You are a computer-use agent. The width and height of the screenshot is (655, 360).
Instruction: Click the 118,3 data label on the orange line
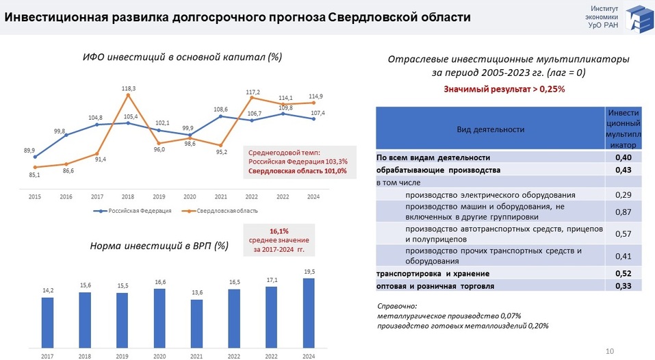[x=129, y=88]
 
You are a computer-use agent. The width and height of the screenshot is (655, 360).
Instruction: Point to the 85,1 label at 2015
[x=34, y=175]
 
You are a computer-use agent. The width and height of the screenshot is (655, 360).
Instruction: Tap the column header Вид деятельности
[x=490, y=129]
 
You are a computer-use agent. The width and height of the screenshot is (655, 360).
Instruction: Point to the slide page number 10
[x=610, y=350]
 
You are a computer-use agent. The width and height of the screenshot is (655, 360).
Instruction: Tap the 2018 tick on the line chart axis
[x=128, y=196]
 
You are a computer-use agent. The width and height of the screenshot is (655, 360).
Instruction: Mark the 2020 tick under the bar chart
[x=159, y=356]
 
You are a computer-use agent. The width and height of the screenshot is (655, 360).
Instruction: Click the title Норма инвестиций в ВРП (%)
[x=159, y=245]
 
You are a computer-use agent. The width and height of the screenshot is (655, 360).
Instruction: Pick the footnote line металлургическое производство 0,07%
[x=449, y=316]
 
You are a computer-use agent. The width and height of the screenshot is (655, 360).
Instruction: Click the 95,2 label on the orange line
[x=220, y=152]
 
